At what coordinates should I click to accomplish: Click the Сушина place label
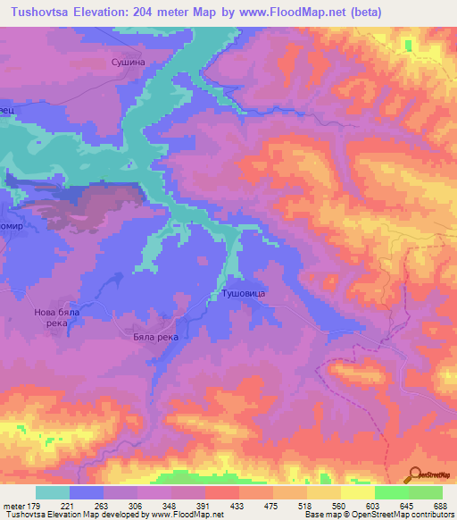(126, 63)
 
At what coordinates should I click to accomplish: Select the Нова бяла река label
(58, 318)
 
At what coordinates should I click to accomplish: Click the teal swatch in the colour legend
(53, 492)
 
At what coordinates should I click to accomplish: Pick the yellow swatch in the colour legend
(357, 492)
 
